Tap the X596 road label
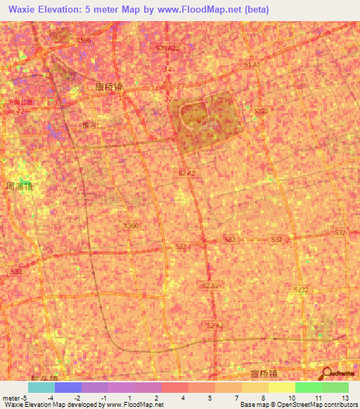point(85,41)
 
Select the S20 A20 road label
point(168,48)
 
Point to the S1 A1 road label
point(252,65)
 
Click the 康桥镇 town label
point(109,87)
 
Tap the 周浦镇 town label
point(20,187)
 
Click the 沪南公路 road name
point(19,102)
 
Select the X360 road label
point(131,226)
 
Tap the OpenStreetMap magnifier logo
point(326,372)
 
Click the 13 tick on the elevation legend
point(345,397)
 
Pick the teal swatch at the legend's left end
point(41,387)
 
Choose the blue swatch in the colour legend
point(68,387)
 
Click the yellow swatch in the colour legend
point(281,387)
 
